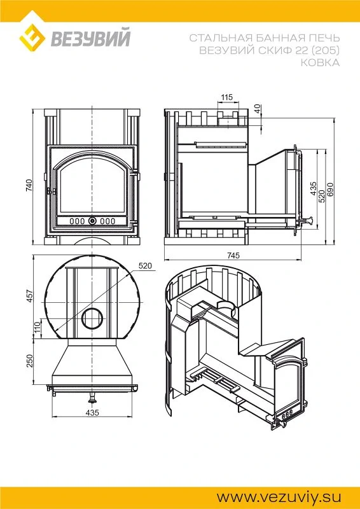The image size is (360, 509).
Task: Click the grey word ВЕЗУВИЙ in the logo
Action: (90, 38)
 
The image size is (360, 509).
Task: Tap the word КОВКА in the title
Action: (320, 62)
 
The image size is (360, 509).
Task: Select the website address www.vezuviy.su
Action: (279, 498)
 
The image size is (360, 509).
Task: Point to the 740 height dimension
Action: (29, 185)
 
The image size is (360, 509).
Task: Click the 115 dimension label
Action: (227, 97)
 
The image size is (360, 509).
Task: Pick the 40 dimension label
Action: (258, 109)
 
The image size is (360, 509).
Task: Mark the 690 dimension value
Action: (331, 189)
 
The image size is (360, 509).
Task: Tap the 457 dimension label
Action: (29, 296)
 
